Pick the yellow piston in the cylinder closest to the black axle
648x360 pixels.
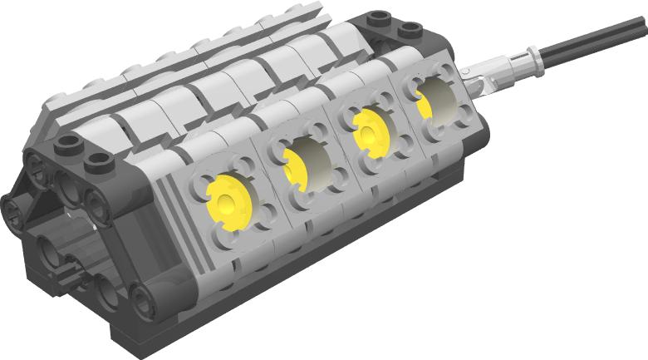point(423,103)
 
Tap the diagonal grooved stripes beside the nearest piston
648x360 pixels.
point(166,204)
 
